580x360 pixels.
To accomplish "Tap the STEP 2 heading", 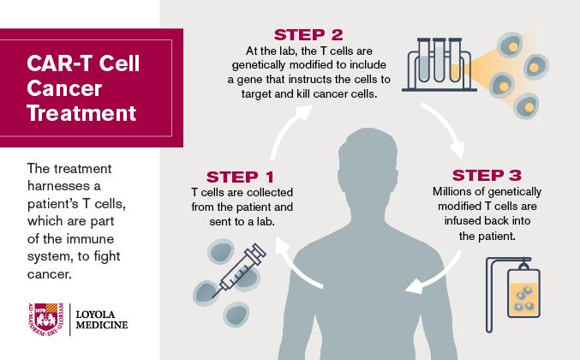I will (308, 35).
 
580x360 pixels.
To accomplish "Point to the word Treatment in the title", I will (81, 113).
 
